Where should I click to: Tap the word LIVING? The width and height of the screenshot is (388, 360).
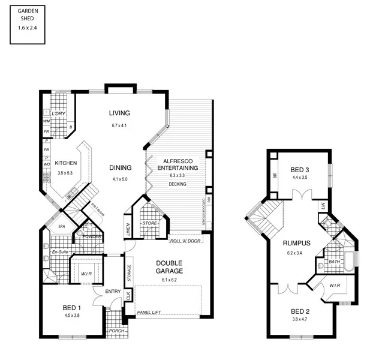pos(120,113)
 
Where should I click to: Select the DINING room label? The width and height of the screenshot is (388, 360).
pos(120,167)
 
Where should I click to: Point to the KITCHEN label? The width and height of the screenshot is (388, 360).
pos(65,163)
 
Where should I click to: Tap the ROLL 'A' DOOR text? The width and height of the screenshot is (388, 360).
pos(185,241)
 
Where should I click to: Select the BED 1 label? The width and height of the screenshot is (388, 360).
pos(71,308)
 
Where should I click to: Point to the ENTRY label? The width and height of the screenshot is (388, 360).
pos(113,292)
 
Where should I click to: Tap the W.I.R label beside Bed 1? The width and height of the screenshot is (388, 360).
pos(86,275)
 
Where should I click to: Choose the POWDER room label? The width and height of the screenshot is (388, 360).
pos(92,236)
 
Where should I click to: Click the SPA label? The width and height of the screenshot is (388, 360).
pos(61,227)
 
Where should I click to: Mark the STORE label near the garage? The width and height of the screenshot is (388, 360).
pos(149,224)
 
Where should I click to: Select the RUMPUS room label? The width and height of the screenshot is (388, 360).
pos(296,244)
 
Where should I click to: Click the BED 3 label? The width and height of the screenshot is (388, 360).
pos(299,169)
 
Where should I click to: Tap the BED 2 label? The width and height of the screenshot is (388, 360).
pos(300,311)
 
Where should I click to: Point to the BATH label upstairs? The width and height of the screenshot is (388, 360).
pos(335,262)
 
